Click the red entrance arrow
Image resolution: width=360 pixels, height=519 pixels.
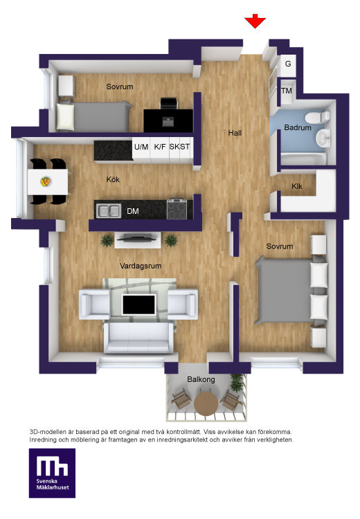pyautogui.click(x=255, y=21)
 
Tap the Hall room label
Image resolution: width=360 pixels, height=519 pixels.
pyautogui.click(x=235, y=133)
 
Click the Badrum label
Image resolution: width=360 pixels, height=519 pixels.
pyautogui.click(x=298, y=127)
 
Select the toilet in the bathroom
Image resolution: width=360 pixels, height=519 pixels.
pyautogui.click(x=317, y=117)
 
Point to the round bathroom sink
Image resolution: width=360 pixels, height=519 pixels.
pyautogui.click(x=322, y=138)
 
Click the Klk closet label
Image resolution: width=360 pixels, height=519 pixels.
pyautogui.click(x=297, y=186)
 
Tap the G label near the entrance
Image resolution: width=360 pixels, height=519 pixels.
pyautogui.click(x=288, y=64)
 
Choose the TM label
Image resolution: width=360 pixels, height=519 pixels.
pyautogui.click(x=287, y=91)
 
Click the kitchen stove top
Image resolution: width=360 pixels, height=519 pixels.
pyautogui.click(x=179, y=208)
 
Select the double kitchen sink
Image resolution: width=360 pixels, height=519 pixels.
pyautogui.click(x=108, y=211)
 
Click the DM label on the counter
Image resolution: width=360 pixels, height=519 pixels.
pyautogui.click(x=133, y=211)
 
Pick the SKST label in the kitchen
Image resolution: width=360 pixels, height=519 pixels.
pyautogui.click(x=179, y=147)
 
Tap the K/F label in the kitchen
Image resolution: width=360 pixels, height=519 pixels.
pyautogui.click(x=160, y=147)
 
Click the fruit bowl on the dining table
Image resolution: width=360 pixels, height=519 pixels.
pyautogui.click(x=46, y=181)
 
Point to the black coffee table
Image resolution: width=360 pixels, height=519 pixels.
pyautogui.click(x=138, y=304)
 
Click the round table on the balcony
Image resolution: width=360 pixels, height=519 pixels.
pyautogui.click(x=206, y=403)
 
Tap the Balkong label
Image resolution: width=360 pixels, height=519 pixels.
pyautogui.click(x=201, y=379)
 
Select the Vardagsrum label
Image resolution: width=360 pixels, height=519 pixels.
pyautogui.click(x=141, y=266)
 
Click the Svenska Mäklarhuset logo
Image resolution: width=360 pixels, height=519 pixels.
pyautogui.click(x=52, y=473)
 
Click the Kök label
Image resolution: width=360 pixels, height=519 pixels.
pyautogui.click(x=113, y=179)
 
